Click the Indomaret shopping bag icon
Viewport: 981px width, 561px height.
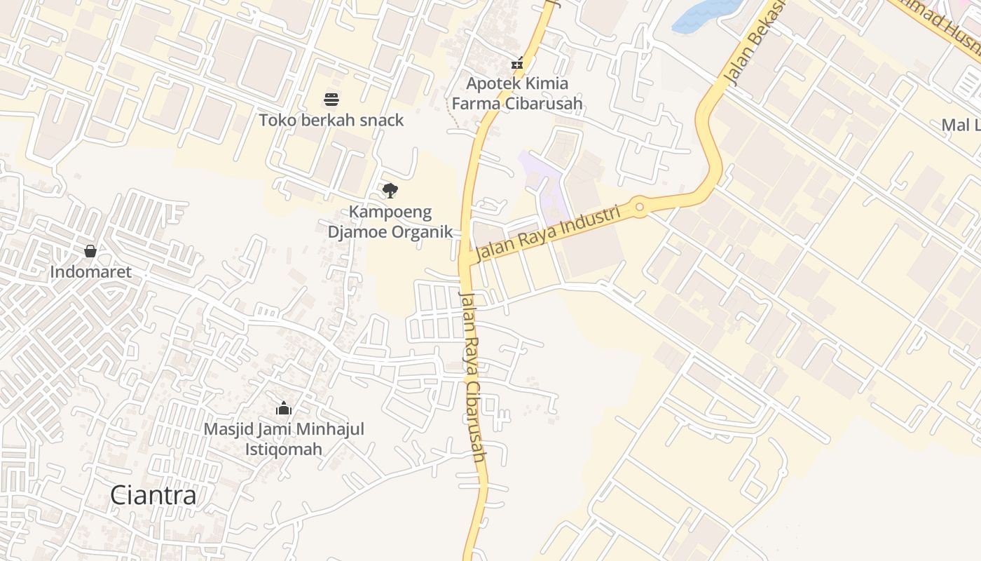(90, 251)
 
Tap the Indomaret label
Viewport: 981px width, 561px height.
(90, 271)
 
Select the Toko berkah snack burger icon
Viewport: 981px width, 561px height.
(331, 100)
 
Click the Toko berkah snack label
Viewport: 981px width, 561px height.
(331, 120)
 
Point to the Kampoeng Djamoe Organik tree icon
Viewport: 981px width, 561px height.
(390, 190)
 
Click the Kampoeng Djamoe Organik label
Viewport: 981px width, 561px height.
(390, 222)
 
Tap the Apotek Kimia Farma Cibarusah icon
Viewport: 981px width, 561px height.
(517, 63)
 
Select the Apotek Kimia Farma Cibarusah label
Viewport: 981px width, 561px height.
(517, 93)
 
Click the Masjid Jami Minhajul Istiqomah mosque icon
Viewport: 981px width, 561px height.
(284, 408)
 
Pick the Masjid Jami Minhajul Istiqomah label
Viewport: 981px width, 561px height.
(284, 438)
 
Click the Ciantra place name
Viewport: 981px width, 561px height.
(153, 496)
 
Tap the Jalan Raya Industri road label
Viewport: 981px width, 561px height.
(549, 234)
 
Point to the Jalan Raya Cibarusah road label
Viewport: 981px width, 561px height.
(472, 376)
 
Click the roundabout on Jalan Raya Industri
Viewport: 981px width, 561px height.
(639, 207)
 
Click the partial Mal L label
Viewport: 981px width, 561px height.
(961, 126)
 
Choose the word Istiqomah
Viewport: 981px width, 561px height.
(284, 449)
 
